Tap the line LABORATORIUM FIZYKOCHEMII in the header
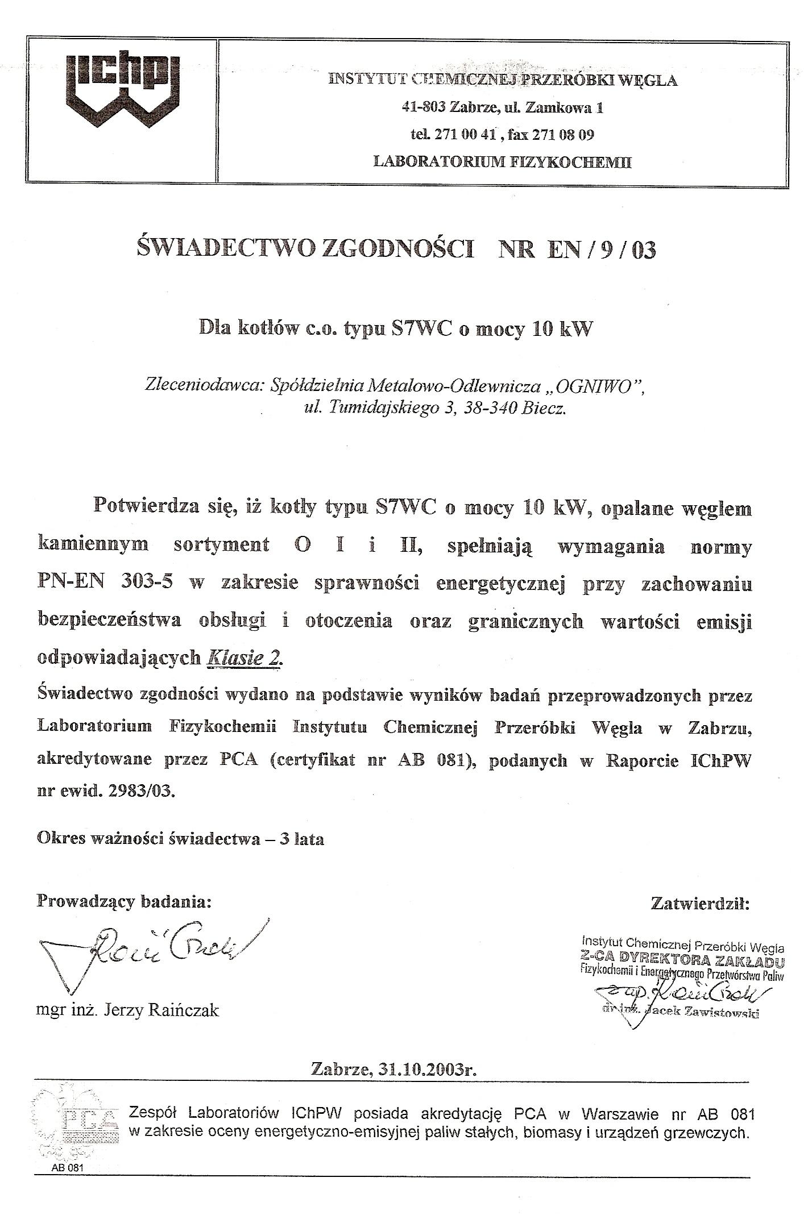click(x=502, y=162)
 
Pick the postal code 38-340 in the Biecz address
click(x=486, y=409)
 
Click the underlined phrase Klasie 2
click(x=244, y=658)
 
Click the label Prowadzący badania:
click(x=124, y=901)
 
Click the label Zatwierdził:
click(x=700, y=904)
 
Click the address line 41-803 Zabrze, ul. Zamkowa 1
click(x=502, y=107)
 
